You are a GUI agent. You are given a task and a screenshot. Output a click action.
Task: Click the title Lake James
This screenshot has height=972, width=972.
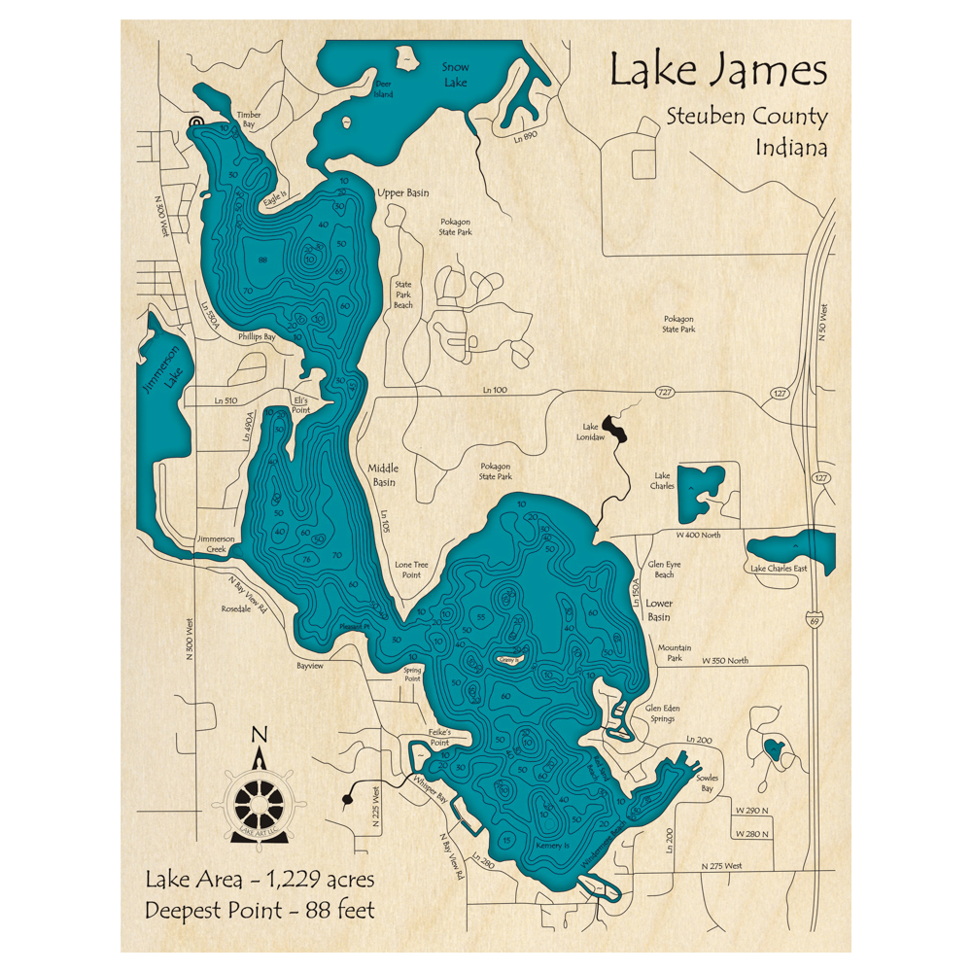718,72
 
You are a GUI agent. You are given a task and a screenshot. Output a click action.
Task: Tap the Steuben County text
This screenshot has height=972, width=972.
746,118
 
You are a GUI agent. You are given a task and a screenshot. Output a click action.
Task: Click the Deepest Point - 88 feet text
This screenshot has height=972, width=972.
260,911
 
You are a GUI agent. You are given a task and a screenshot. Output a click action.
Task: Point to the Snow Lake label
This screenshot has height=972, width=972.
455,75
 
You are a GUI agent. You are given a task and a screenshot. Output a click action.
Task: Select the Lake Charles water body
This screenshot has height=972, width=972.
702,492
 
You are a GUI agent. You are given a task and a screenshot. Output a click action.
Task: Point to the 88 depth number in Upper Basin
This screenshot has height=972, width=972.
262,260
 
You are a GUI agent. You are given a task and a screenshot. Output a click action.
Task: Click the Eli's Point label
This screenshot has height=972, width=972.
301,405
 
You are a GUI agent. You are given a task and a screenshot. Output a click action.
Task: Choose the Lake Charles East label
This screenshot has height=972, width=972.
778,568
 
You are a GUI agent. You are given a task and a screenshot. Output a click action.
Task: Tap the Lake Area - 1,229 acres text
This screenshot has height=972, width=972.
260,881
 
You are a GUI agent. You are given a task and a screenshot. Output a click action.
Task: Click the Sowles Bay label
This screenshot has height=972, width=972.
714,783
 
